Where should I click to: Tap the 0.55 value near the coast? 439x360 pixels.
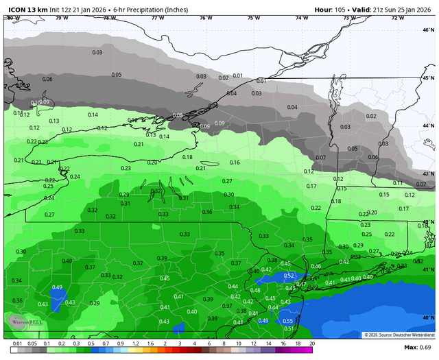point(288,320)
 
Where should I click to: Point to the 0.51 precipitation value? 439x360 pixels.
point(288,328)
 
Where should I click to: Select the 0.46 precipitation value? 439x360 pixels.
point(316,266)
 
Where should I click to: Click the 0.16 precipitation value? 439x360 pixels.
point(235,163)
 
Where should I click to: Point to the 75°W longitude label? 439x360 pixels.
point(253,18)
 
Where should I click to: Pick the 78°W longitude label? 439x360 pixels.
point(109,18)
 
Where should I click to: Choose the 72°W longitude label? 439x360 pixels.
point(397,18)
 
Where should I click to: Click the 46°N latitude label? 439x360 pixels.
point(429,30)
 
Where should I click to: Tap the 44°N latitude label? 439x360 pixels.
point(429,126)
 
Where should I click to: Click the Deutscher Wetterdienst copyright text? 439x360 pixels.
point(397,335)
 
